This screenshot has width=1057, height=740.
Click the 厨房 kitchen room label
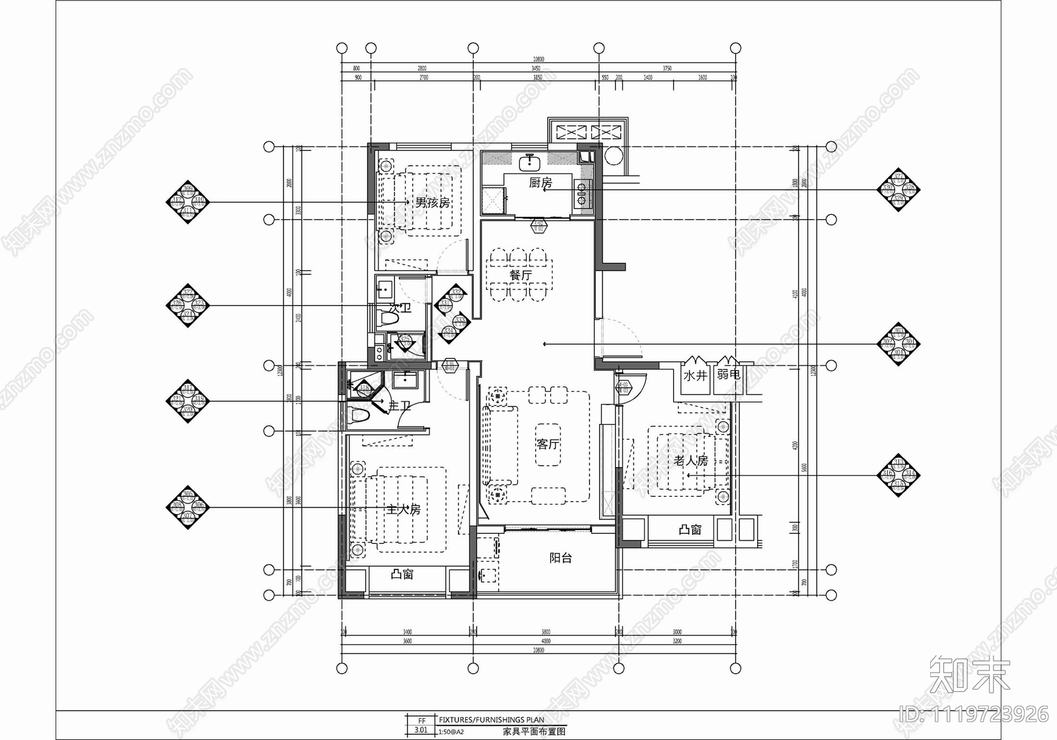(540, 182)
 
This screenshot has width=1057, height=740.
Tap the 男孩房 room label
(433, 202)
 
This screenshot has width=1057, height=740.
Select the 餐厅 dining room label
(521, 275)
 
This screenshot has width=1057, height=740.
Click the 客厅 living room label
(548, 444)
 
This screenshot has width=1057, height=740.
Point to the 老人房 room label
(691, 460)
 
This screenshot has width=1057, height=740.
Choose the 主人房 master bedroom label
(403, 509)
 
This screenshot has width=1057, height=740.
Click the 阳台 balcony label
(560, 558)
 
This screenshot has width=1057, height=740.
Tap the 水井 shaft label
(695, 375)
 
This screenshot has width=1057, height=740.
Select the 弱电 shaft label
(728, 375)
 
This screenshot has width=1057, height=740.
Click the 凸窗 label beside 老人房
(690, 530)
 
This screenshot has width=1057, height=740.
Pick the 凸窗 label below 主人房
(402, 574)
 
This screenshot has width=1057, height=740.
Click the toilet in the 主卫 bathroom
(359, 416)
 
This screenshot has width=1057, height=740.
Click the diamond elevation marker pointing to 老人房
(898, 474)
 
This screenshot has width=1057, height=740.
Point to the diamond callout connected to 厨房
(898, 190)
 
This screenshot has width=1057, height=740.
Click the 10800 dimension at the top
(538, 59)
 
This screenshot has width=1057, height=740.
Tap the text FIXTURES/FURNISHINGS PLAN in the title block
(492, 720)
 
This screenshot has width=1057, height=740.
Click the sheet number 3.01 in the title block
(421, 731)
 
